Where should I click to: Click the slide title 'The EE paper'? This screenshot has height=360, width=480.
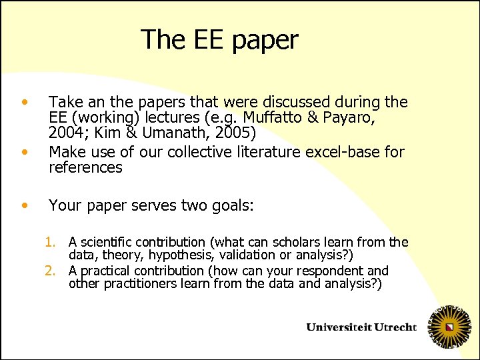(x=219, y=40)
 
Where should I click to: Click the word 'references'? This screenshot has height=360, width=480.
(x=85, y=168)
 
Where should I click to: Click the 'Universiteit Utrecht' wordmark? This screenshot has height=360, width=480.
(x=361, y=327)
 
